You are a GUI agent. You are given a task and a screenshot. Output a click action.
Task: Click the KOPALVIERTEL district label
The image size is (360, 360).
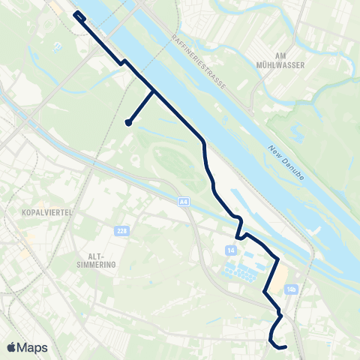(x=47, y=212)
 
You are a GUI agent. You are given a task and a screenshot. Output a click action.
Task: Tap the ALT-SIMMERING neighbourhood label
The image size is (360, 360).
(x=96, y=260)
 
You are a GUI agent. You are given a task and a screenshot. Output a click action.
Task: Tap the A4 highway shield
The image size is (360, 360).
(x=184, y=202)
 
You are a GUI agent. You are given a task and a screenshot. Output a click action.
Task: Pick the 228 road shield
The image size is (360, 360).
(x=121, y=230)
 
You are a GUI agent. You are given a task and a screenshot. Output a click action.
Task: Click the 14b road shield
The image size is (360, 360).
(x=292, y=289)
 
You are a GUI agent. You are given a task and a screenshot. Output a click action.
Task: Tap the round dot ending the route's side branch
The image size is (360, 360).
(x=129, y=123)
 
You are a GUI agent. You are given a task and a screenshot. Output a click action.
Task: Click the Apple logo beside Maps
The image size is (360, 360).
(x=11, y=347)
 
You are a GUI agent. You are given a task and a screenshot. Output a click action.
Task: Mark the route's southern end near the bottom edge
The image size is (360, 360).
(x=285, y=346)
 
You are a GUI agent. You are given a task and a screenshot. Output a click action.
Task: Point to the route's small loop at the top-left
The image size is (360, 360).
(x=79, y=15)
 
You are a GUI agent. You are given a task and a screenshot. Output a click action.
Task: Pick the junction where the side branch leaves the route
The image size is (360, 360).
(x=154, y=91)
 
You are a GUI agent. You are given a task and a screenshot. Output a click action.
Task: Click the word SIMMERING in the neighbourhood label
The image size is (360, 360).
(x=96, y=265)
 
